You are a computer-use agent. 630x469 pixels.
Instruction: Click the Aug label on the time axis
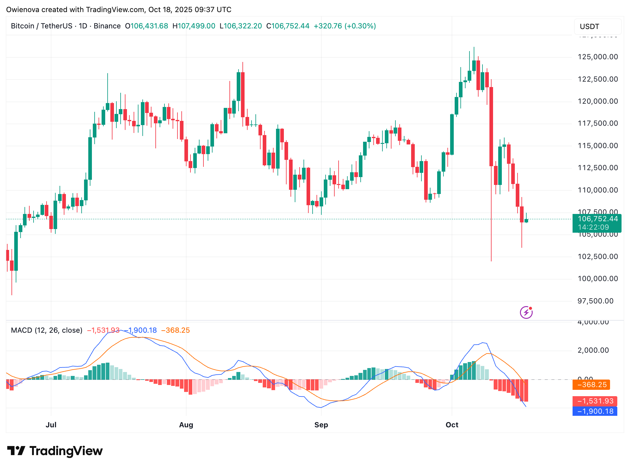(x=186, y=425)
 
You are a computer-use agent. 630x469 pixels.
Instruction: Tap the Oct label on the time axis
(x=452, y=425)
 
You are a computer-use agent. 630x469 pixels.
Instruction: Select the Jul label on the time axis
(x=51, y=425)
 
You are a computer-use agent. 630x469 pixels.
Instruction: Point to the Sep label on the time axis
(x=321, y=425)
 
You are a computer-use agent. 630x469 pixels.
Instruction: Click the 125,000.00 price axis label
(x=598, y=57)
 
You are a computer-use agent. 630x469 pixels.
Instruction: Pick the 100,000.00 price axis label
(x=598, y=279)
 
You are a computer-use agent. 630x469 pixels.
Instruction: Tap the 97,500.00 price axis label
(x=595, y=301)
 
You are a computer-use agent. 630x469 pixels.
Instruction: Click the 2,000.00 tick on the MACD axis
(x=593, y=350)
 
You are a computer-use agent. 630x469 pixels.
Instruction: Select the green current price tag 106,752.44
(x=597, y=219)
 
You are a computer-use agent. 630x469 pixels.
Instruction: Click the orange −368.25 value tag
(x=591, y=385)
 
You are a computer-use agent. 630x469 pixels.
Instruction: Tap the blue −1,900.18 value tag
(x=595, y=411)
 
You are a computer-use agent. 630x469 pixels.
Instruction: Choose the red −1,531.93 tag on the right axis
(x=595, y=401)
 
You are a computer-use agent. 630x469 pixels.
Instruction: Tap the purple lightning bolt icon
(x=526, y=312)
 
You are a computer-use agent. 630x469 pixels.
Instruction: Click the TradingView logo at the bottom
(x=55, y=451)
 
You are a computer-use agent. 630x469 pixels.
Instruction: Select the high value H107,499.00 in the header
(x=194, y=26)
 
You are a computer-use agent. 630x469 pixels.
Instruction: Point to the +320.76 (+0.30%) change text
(x=345, y=26)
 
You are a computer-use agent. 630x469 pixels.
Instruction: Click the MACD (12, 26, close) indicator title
(x=47, y=330)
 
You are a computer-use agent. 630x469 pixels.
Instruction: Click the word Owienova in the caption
(x=23, y=10)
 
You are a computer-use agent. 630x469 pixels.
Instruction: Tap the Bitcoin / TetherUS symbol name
(x=41, y=26)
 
